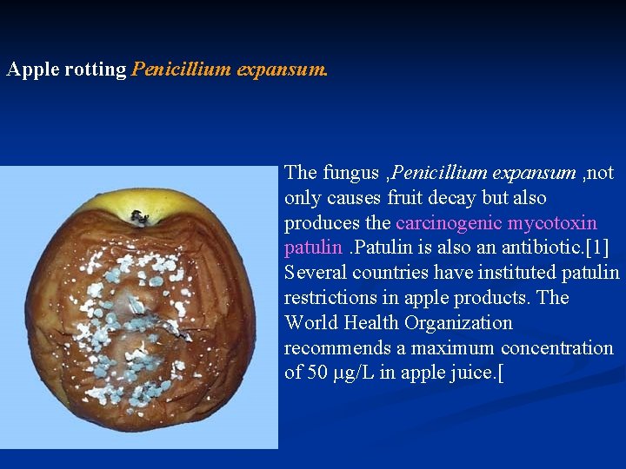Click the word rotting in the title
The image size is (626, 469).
[x=96, y=69]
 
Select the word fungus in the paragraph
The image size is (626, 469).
[x=351, y=173]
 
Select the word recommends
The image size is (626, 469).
[x=335, y=349]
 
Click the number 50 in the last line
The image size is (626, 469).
[x=317, y=374]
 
